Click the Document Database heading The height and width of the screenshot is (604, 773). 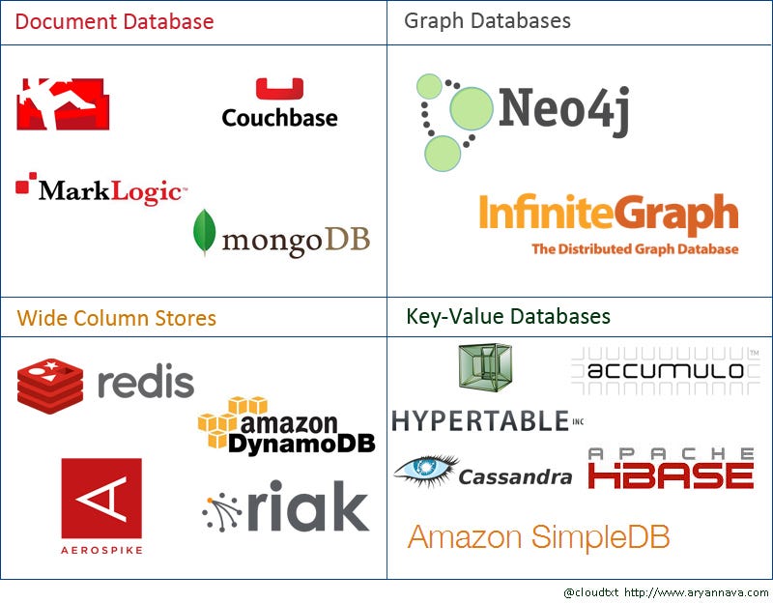pyautogui.click(x=115, y=21)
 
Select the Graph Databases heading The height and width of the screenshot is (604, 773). pyautogui.click(x=487, y=20)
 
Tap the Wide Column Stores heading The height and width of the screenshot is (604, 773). pyautogui.click(x=116, y=318)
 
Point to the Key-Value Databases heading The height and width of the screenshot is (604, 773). pyautogui.click(x=508, y=316)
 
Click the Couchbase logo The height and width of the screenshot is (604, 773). pyautogui.click(x=279, y=104)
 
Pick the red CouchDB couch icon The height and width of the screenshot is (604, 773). pyautogui.click(x=63, y=103)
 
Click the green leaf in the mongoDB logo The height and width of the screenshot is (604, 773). pyautogui.click(x=204, y=232)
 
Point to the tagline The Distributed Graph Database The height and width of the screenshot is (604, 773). pyautogui.click(x=635, y=249)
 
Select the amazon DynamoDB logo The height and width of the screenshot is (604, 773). pyautogui.click(x=286, y=426)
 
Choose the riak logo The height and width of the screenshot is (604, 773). pyautogui.click(x=286, y=506)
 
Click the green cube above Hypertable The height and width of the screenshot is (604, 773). pyautogui.click(x=485, y=368)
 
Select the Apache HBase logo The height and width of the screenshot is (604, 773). pyautogui.click(x=671, y=469)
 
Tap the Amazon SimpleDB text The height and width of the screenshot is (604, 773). pyautogui.click(x=538, y=536)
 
